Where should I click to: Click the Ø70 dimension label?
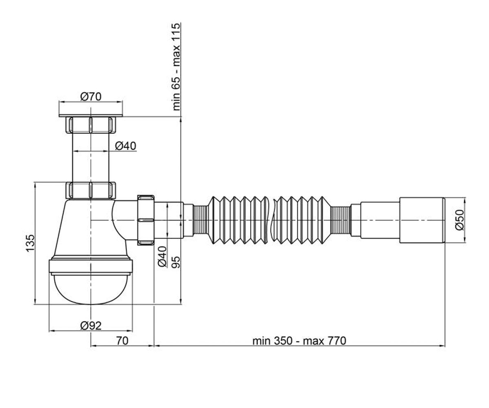click(x=91, y=96)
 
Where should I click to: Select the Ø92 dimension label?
click(x=91, y=326)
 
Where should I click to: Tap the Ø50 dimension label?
click(x=460, y=220)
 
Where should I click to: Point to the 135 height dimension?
click(x=30, y=243)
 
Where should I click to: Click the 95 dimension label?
click(x=176, y=262)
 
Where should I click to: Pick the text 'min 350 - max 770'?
click(x=299, y=341)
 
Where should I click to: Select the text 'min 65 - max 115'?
click(x=176, y=67)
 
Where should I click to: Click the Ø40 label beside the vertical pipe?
click(x=126, y=146)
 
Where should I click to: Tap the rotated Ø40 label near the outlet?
click(x=162, y=257)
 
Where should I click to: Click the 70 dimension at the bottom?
click(x=122, y=341)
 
